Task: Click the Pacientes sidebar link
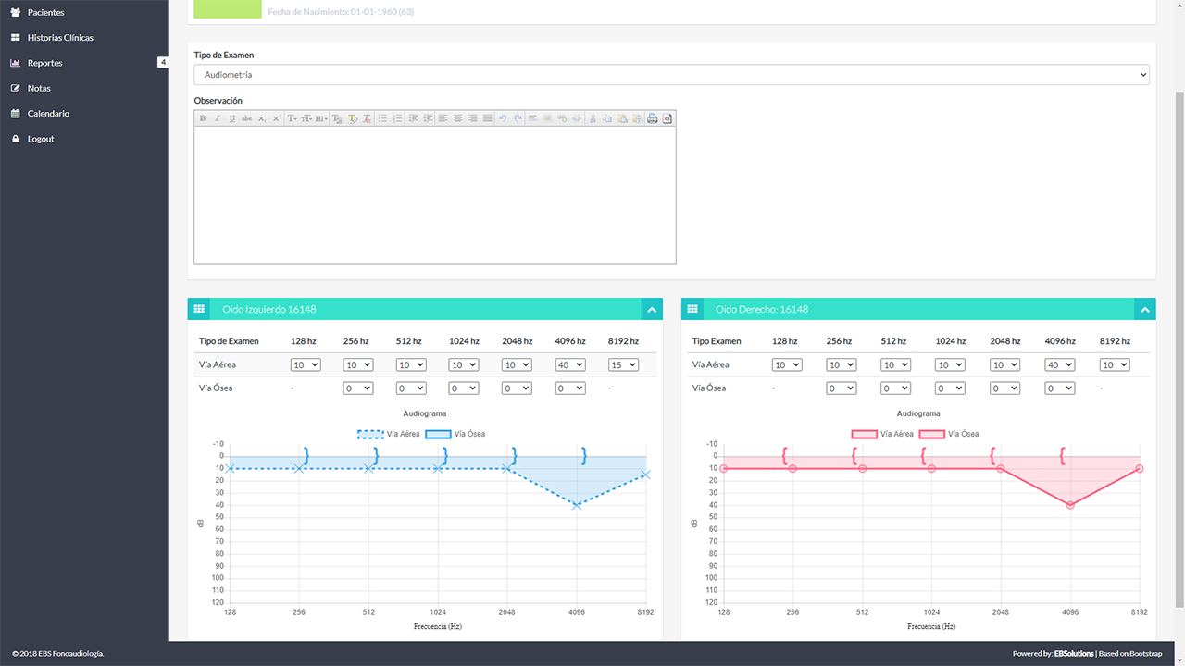45,13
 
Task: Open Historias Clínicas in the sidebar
60,38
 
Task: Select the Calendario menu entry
48,114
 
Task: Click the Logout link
41,139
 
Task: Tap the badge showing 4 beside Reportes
163,63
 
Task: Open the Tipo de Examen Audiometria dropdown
671,75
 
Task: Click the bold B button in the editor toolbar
203,118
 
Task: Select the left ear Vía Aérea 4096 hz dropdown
570,365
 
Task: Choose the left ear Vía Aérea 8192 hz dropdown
623,365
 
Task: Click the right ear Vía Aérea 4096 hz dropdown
1059,365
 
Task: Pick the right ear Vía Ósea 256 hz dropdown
842,388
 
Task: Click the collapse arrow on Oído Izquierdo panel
652,310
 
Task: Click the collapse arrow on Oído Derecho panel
1145,310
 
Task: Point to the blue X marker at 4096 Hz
577,505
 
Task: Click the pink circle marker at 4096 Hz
1070,505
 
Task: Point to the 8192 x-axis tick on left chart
645,612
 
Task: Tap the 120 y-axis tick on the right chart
712,602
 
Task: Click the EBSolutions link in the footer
1074,654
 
